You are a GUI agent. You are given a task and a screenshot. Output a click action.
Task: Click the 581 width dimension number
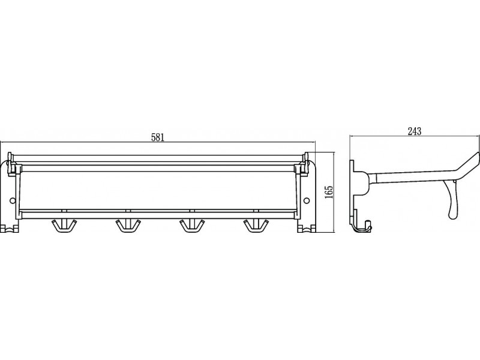158,137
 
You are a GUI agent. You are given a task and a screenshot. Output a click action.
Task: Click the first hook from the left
62,225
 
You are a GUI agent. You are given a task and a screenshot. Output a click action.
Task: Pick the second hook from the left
127,225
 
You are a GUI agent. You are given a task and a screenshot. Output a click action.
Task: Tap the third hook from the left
191,225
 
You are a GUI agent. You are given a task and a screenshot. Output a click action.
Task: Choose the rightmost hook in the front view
256,225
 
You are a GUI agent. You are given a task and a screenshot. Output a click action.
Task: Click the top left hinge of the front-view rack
11,163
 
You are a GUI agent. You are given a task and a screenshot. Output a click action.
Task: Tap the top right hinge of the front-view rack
307,163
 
